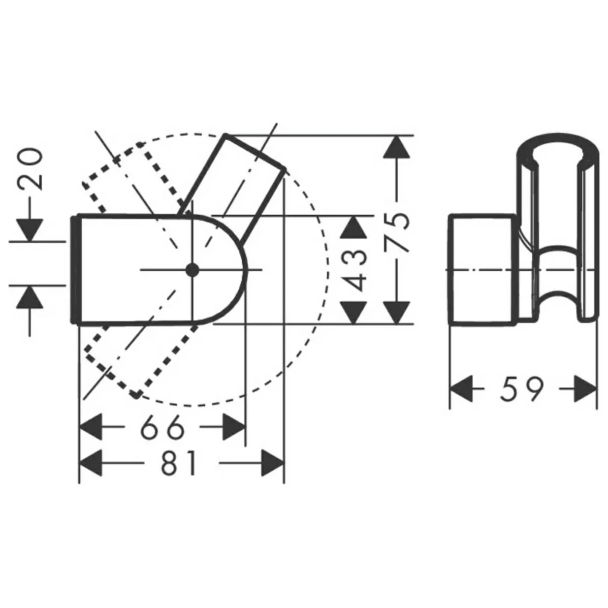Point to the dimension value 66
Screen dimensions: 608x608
click(x=162, y=428)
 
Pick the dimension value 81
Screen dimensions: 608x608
click(x=178, y=463)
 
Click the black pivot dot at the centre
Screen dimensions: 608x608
click(x=192, y=270)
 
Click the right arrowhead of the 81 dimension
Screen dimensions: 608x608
click(x=273, y=463)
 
